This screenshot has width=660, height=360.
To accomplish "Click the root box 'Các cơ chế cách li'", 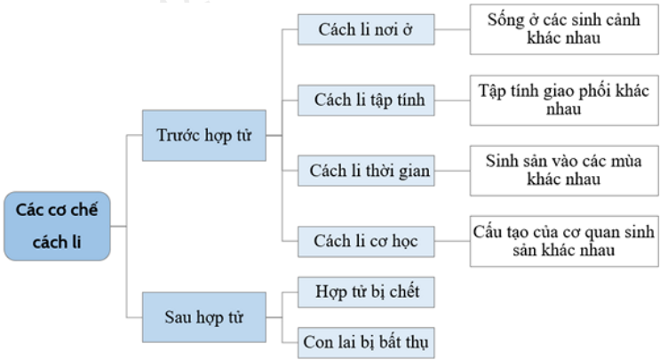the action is click(x=57, y=226).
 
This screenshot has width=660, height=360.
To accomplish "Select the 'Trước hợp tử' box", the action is click(x=204, y=136).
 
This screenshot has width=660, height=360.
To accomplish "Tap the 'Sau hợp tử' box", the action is click(x=204, y=317).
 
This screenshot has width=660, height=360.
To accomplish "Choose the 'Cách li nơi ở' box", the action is click(x=366, y=29).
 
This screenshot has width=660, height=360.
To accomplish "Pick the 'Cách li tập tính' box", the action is click(x=366, y=100).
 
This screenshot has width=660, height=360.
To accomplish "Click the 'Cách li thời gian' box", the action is click(x=366, y=171).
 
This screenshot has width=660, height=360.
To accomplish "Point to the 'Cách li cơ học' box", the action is click(x=366, y=242).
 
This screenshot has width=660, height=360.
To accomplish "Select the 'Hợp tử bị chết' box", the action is click(x=366, y=292).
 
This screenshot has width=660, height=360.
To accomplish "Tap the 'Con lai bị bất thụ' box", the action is click(x=366, y=343).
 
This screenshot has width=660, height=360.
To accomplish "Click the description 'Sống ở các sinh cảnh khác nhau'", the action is click(x=564, y=29).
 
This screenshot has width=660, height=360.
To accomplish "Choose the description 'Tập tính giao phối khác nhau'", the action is click(x=564, y=100).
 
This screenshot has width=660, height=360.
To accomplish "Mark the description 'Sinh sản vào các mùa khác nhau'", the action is click(x=564, y=171).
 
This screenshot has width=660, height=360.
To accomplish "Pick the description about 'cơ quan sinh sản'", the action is click(x=564, y=242).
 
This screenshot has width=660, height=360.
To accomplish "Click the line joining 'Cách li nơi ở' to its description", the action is click(x=452, y=29).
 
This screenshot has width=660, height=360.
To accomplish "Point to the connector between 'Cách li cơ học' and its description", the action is click(x=452, y=241).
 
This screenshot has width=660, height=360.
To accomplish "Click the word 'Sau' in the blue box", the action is click(x=178, y=317).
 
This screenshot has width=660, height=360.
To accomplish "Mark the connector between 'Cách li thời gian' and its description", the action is click(x=452, y=171).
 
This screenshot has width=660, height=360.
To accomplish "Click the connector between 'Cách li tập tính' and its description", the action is click(x=452, y=100).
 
